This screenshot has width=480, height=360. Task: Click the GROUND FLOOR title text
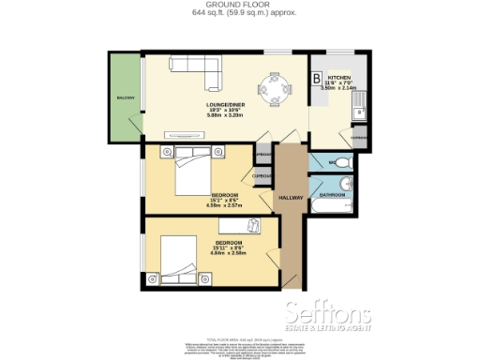[x=239, y=5]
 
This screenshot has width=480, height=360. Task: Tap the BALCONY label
[x=125, y=98]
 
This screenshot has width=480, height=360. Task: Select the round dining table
[x=278, y=90]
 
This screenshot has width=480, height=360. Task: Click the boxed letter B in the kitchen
[x=317, y=78]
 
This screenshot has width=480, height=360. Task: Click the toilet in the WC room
[x=344, y=164]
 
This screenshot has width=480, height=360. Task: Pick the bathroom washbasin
[x=347, y=183]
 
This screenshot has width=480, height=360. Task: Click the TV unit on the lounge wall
[x=182, y=136]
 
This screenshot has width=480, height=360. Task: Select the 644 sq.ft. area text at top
[x=239, y=14]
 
